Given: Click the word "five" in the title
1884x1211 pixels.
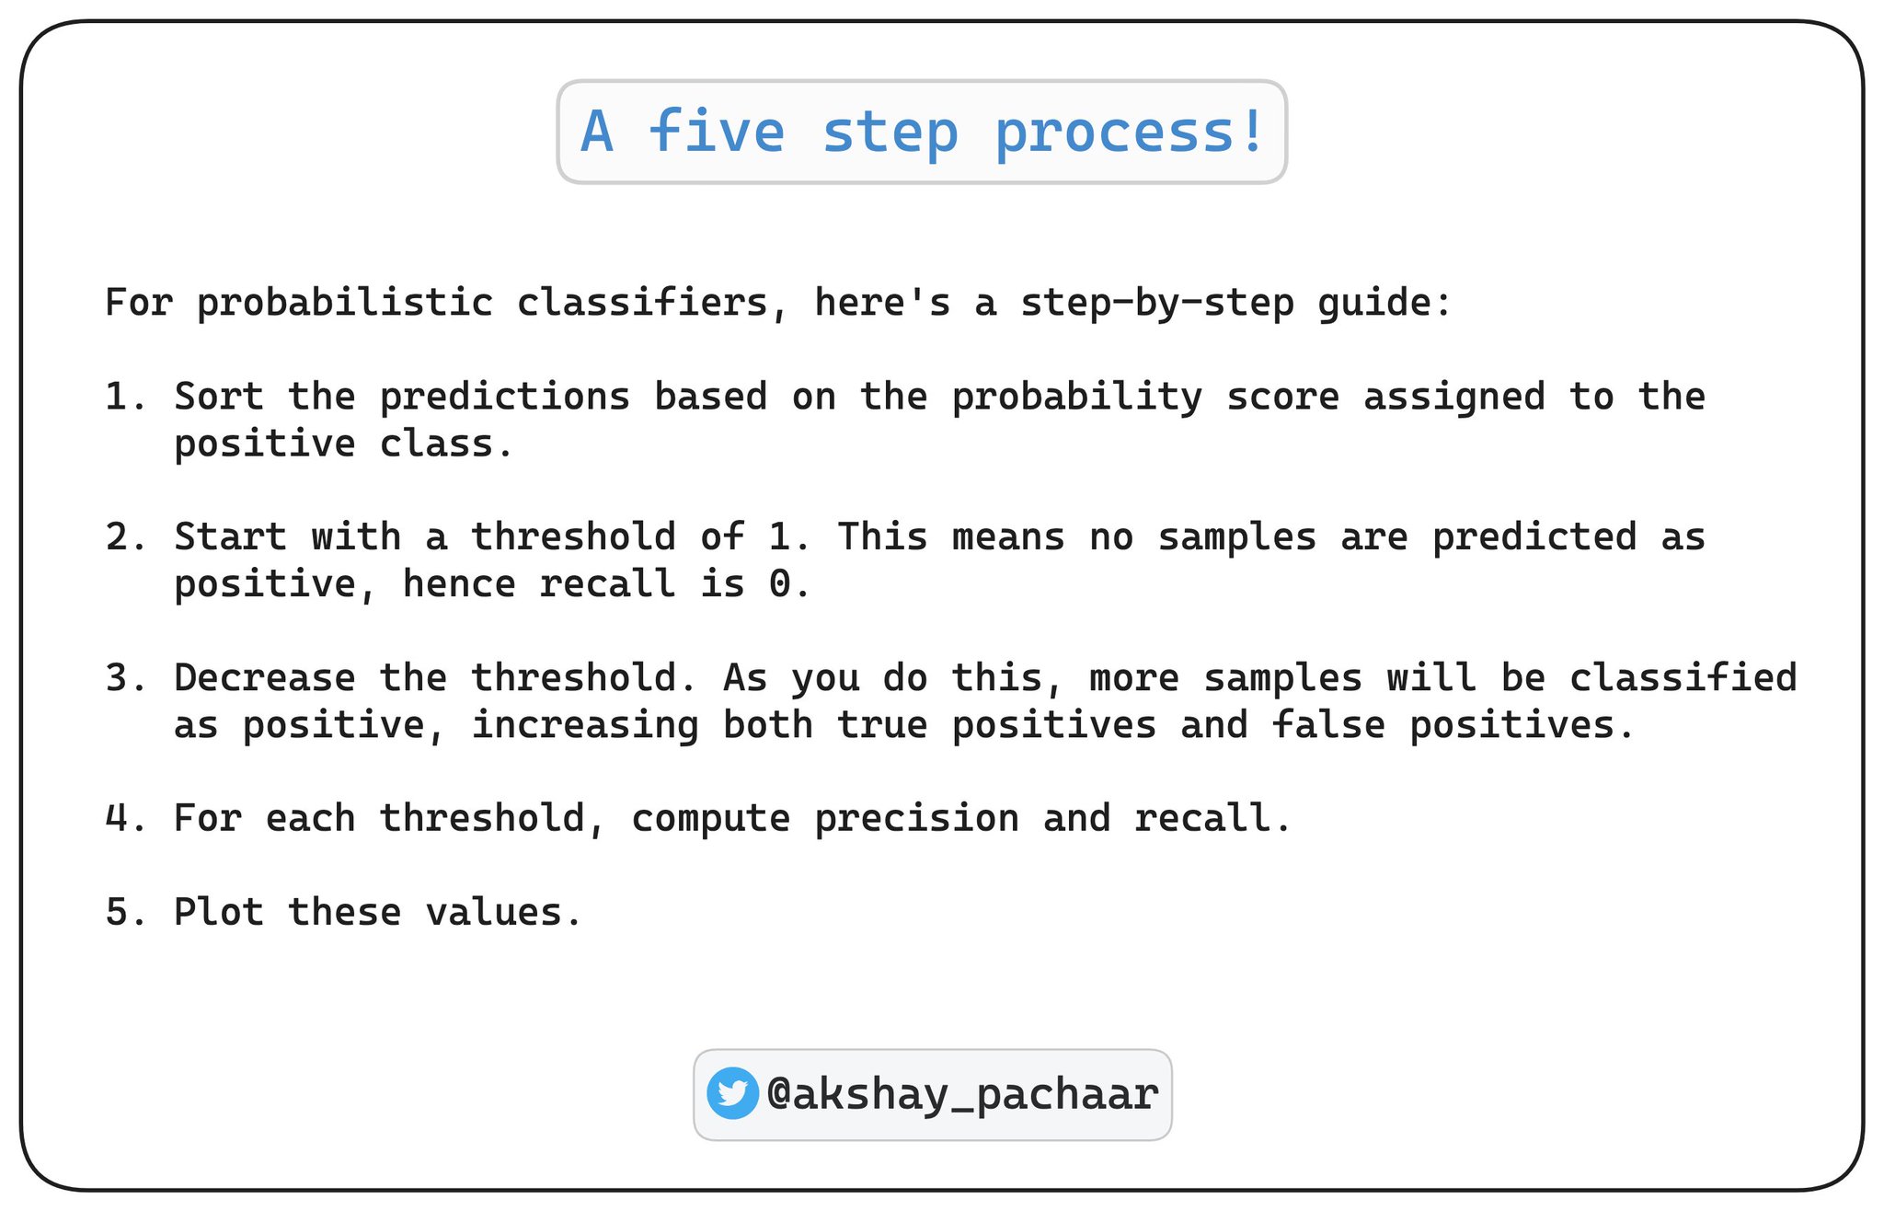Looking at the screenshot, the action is [717, 131].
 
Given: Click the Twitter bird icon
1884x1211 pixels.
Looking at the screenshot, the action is [732, 1093].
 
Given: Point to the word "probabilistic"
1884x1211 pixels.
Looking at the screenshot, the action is [345, 304].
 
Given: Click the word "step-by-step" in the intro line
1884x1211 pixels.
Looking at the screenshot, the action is [1157, 304].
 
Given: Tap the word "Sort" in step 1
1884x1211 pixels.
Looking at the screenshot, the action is [219, 397].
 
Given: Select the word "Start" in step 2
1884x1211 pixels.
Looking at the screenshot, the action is [231, 536].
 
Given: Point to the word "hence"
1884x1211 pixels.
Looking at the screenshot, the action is [459, 583].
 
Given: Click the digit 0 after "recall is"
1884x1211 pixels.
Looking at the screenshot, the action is [780, 584].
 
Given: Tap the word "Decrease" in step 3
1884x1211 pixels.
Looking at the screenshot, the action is [265, 678].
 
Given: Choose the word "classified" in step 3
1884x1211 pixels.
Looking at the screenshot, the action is [1683, 678].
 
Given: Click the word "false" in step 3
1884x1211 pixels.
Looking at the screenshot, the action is [1328, 725].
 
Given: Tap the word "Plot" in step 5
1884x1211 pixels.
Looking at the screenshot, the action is [219, 912].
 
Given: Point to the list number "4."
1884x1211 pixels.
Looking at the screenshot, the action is [126, 819].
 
